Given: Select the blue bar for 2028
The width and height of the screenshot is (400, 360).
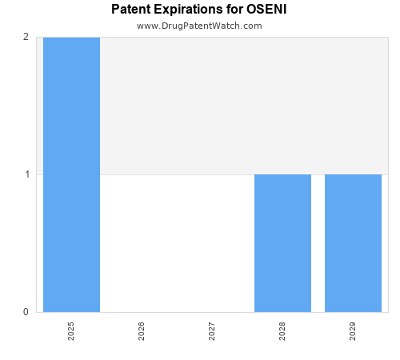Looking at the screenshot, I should tap(282, 243).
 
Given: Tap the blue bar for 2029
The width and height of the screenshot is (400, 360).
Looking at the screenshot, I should tap(353, 243).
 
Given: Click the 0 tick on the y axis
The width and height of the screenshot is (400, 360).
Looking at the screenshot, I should tap(26, 312).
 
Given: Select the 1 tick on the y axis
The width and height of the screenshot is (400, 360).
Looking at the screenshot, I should tap(26, 174).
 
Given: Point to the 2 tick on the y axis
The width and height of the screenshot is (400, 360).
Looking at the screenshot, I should tap(26, 37).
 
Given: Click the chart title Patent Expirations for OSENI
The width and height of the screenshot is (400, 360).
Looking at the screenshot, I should tap(199, 10).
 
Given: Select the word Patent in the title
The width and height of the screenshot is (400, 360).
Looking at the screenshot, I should tap(131, 10).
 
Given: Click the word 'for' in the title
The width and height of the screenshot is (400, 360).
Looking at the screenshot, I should tap(234, 10).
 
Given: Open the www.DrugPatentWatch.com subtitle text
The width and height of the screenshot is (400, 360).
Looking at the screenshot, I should tap(199, 26).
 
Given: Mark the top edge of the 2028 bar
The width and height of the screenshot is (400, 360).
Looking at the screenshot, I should tap(282, 174).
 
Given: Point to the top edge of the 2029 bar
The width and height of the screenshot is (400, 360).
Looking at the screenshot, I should tap(353, 174).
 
